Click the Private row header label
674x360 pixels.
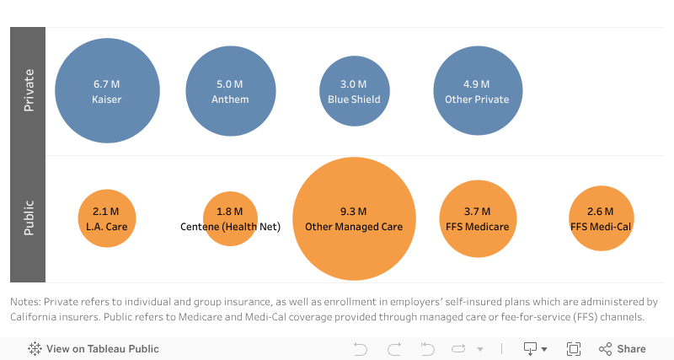(28, 90)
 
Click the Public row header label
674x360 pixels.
(28, 218)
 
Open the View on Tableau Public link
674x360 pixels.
(102, 349)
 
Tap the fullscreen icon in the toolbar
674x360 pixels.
(574, 349)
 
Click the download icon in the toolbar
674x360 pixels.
(531, 349)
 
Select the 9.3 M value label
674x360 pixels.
(354, 212)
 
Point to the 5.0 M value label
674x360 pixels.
(230, 84)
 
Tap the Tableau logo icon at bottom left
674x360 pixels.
(35, 349)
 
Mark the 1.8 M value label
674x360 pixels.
(230, 212)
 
